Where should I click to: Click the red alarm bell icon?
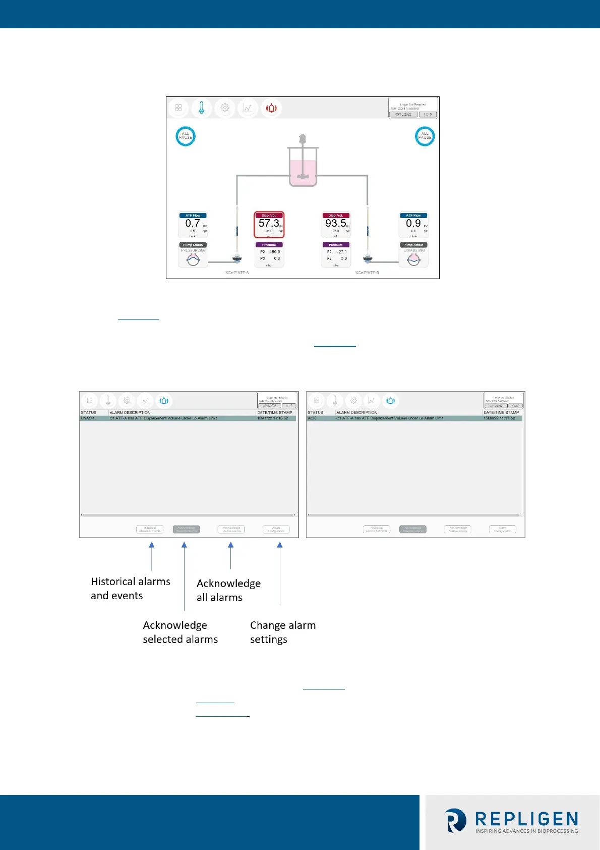coord(271,108)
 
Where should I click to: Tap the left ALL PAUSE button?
coord(186,136)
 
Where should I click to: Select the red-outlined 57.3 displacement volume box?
coord(269,225)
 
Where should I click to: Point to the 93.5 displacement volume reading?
coord(335,223)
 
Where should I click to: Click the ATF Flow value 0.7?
coord(193,223)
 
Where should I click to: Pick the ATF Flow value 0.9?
coord(413,223)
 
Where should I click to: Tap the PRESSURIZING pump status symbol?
coord(193,259)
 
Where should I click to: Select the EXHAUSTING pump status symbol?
coord(413,259)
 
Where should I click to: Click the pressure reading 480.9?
coord(274,252)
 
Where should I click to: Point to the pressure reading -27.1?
coord(341,252)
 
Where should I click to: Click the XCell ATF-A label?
coord(237,273)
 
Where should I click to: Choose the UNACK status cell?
coord(88,418)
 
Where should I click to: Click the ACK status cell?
coord(312,418)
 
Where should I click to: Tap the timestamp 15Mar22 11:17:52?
coord(499,418)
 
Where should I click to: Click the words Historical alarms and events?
coord(130,589)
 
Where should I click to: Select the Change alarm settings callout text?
coord(282,632)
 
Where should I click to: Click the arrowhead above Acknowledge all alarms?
coord(230,545)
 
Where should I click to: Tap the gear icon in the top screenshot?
coord(225,108)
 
